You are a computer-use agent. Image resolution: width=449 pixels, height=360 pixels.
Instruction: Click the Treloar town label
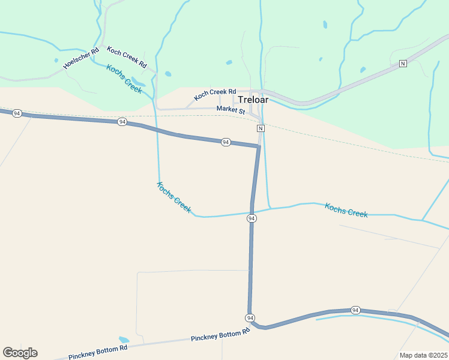pyautogui.click(x=253, y=100)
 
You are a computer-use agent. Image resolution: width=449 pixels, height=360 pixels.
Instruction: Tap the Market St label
pyautogui.click(x=231, y=110)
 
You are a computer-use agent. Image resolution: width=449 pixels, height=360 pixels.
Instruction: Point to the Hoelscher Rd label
pyautogui.click(x=80, y=58)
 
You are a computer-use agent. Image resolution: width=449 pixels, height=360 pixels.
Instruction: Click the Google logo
pyautogui.click(x=20, y=352)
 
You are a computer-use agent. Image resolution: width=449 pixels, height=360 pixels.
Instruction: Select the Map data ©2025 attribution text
pyautogui.click(x=423, y=355)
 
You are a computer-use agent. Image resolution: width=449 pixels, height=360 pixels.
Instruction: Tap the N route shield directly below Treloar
pyautogui.click(x=261, y=128)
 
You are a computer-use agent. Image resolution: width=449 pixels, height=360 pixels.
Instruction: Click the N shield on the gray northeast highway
pyautogui.click(x=403, y=63)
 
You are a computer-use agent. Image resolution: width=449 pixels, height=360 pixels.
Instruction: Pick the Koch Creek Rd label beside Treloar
pyautogui.click(x=215, y=95)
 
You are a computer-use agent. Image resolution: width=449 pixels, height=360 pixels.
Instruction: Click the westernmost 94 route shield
pyautogui.click(x=17, y=113)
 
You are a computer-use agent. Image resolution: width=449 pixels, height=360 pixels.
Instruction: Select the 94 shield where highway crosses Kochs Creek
pyautogui.click(x=252, y=218)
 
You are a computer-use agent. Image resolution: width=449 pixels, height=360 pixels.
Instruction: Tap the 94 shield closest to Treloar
pyautogui.click(x=226, y=142)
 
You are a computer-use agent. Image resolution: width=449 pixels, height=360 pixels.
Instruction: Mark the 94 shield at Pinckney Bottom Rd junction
pyautogui.click(x=250, y=317)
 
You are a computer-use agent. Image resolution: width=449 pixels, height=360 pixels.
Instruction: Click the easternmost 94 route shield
pyautogui.click(x=355, y=310)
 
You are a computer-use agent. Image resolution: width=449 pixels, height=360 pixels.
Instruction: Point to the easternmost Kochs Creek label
pyautogui.click(x=346, y=210)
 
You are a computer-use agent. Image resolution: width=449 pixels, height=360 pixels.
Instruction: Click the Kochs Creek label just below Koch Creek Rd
pyautogui.click(x=124, y=79)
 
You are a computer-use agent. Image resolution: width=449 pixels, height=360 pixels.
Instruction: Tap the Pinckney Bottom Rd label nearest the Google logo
pyautogui.click(x=98, y=352)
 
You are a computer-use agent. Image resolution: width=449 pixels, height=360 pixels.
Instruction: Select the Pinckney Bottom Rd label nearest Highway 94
pyautogui.click(x=220, y=336)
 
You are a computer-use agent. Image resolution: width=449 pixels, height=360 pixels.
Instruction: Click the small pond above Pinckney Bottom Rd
pyautogui.click(x=124, y=340)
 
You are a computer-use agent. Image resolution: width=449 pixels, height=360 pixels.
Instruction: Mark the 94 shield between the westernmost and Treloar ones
pyautogui.click(x=122, y=122)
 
